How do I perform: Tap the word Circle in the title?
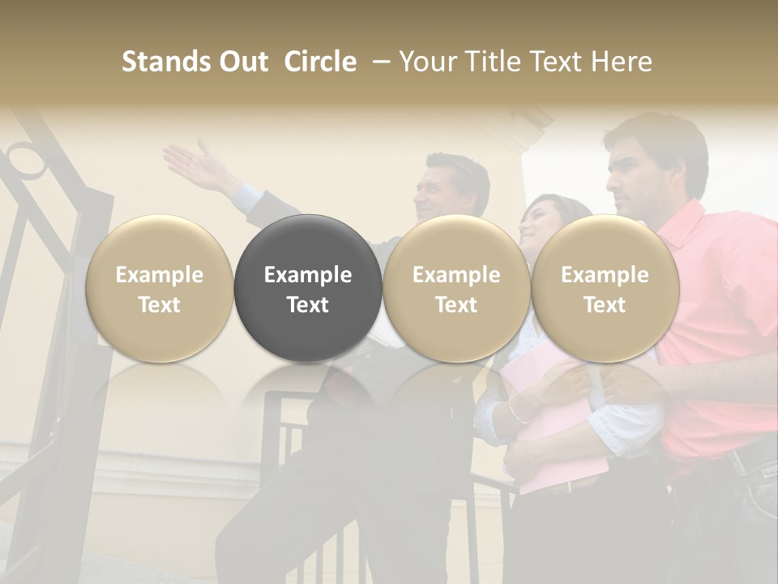pos(320,62)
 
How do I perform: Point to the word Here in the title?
pos(622,62)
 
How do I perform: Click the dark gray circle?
pos(308,289)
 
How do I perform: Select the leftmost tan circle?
pos(160,289)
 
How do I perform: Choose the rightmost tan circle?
pos(605,289)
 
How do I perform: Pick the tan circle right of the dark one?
pos(456,289)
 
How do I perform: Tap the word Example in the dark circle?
pos(308,275)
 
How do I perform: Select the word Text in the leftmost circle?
pos(160,304)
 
